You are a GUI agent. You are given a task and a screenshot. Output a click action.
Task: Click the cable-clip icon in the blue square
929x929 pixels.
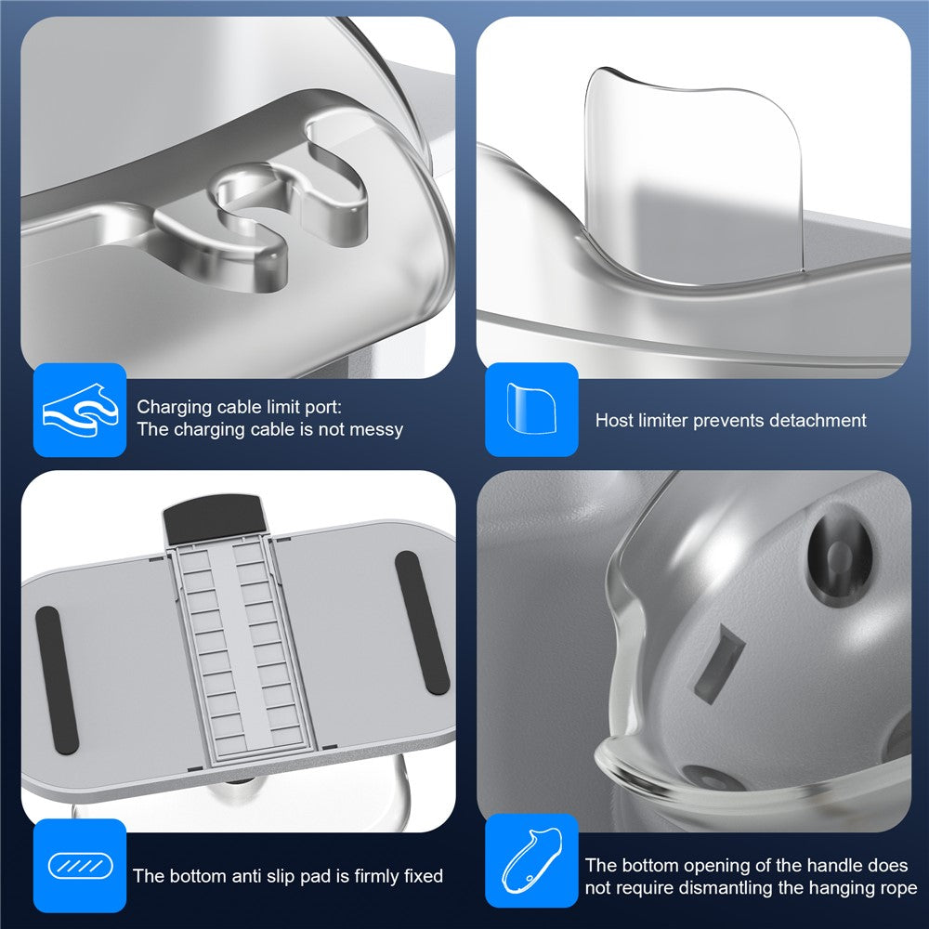(x=80, y=410)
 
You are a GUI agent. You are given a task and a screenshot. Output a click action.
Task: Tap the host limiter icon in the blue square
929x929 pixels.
(x=531, y=408)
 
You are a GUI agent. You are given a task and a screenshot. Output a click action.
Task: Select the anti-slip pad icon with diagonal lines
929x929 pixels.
(x=81, y=866)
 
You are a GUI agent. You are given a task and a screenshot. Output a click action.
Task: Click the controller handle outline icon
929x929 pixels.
(x=531, y=861)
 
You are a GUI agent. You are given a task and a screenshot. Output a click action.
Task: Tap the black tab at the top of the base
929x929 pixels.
(x=214, y=519)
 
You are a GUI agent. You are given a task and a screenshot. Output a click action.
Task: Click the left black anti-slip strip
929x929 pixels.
(x=57, y=680)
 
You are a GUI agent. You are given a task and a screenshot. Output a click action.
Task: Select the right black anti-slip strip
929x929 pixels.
(x=422, y=622)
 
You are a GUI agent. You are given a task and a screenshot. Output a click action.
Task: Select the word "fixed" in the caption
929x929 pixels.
(x=423, y=876)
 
